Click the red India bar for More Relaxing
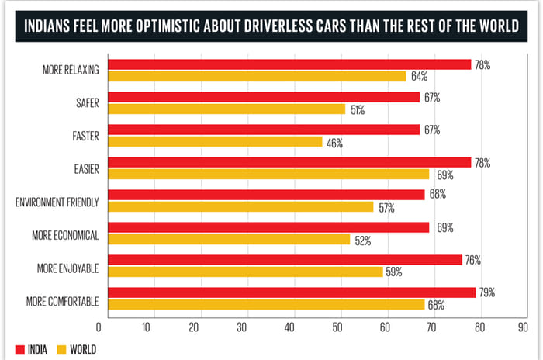pyautogui.click(x=289, y=64)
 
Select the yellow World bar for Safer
pyautogui.click(x=227, y=109)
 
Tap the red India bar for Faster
pyautogui.click(x=264, y=130)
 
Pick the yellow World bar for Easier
pyautogui.click(x=268, y=175)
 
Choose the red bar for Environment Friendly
pyautogui.click(x=266, y=195)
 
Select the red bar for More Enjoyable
pyautogui.click(x=285, y=261)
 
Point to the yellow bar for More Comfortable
pyautogui.click(x=266, y=305)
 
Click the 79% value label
pyautogui.click(x=486, y=292)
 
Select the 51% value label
pyautogui.click(x=358, y=110)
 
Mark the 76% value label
pyautogui.click(x=472, y=261)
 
